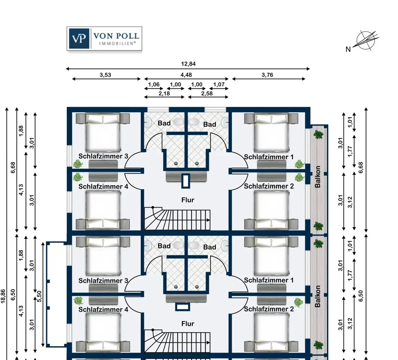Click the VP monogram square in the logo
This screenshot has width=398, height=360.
(79, 39)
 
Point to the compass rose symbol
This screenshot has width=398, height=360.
(366, 40)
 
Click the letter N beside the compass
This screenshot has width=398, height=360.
(348, 49)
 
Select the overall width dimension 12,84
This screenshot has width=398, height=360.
(188, 64)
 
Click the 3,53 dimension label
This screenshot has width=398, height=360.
(105, 75)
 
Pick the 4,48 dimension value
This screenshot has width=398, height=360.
(186, 75)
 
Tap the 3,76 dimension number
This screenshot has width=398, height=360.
(267, 75)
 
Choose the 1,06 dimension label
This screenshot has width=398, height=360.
(154, 84)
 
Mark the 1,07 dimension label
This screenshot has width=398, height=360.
(219, 84)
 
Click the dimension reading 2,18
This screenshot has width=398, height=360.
(164, 93)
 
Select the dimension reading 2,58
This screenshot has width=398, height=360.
(207, 93)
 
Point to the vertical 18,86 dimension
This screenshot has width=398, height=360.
(3, 296)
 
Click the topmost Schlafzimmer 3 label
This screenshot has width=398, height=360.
(103, 156)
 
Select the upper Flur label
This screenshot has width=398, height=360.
(188, 200)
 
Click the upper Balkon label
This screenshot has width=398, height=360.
(318, 177)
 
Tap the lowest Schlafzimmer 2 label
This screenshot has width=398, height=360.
(268, 309)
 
